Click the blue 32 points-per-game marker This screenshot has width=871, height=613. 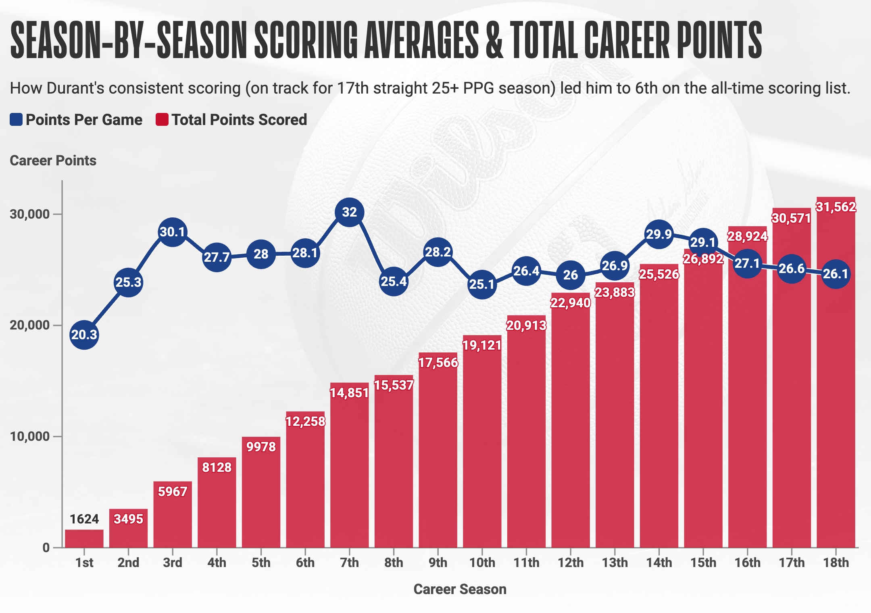pos(349,212)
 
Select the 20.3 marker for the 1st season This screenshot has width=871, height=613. pos(84,334)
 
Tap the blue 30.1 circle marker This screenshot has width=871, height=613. pos(173,232)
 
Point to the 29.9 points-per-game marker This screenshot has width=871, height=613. pos(659,234)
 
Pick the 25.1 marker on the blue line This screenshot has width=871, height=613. pos(482,284)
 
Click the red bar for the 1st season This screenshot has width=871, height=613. pos(84,538)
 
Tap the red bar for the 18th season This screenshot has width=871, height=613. pos(836,403)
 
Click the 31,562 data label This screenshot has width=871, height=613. pos(836,207)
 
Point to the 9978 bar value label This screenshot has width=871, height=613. pos(261,447)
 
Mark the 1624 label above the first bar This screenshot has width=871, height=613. pos(84,519)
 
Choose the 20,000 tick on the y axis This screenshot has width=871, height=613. pos(30,325)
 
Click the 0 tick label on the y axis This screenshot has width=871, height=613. pos(46,548)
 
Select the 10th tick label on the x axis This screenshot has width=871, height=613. pos(482,563)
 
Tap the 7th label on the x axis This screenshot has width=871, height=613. pos(349,563)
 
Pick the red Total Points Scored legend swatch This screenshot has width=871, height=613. pos(162,120)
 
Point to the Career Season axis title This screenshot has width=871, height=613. pos(460,589)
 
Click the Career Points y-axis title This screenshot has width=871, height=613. pos(53,161)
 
